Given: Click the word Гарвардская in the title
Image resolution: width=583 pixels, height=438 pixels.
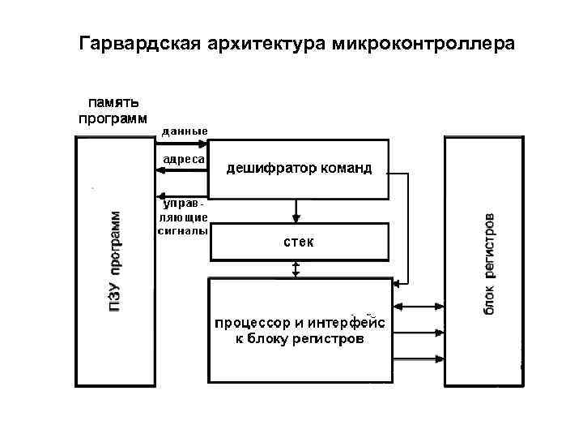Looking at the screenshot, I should (135, 42).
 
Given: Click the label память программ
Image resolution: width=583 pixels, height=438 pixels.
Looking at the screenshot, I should (113, 110).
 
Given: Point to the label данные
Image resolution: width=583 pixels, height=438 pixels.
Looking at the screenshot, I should (185, 131).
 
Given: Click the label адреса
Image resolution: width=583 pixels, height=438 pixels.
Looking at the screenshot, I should (183, 159).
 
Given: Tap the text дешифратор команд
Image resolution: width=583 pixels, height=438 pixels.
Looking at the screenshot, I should (299, 169).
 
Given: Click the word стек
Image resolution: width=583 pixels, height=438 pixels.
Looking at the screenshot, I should (298, 243).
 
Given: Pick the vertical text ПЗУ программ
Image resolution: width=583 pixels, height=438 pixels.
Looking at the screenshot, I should (117, 261).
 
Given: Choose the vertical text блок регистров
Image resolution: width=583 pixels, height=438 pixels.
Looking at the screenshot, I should (491, 264).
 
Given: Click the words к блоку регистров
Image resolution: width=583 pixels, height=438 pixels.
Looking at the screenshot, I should (300, 340).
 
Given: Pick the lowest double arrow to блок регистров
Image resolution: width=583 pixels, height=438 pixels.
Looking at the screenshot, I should (418, 357).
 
